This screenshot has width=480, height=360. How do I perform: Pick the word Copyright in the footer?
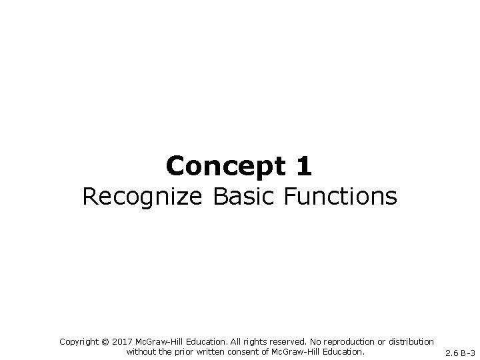pos(79,341)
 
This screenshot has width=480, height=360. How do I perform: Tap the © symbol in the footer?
pos(105,341)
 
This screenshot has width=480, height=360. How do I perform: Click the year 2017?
pos(122,341)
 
